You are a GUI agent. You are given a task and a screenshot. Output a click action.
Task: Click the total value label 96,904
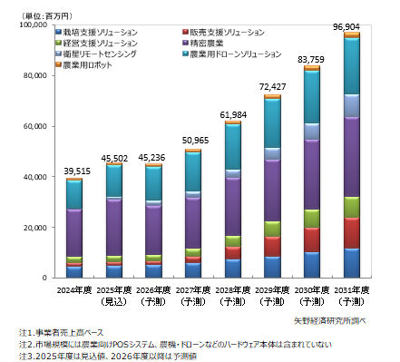(351, 27)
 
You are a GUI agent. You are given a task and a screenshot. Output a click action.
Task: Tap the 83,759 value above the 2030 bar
(311, 60)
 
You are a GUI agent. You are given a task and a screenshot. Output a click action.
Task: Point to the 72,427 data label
(272, 87)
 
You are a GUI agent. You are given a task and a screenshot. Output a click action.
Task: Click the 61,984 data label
(232, 113)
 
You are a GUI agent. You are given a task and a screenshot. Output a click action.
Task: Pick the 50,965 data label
(193, 142)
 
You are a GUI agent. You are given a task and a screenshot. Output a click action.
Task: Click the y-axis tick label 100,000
(34, 25)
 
